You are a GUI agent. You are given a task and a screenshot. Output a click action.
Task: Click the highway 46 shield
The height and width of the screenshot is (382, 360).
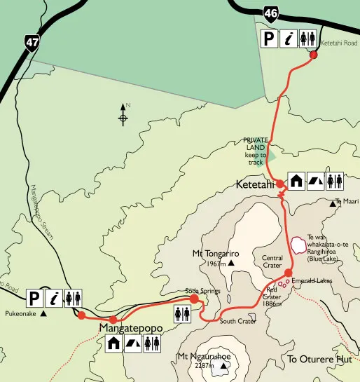pos(271,12)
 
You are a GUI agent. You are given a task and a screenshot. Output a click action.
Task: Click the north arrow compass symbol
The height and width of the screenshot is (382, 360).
pos(123,114)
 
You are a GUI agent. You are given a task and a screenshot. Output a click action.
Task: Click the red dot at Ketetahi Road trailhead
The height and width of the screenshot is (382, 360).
pos(314,54)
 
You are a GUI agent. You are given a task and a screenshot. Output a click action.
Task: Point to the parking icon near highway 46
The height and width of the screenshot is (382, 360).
pos(270,38)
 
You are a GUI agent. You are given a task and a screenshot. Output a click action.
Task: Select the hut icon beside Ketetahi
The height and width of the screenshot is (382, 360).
pos(295,181)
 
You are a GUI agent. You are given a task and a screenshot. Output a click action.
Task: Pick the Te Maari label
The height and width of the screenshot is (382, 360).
pos(347,202)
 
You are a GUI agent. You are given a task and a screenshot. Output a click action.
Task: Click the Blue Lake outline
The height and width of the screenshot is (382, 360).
pos(299,245)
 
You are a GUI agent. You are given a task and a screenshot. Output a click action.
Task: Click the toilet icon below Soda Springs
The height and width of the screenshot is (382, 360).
pos(182,315)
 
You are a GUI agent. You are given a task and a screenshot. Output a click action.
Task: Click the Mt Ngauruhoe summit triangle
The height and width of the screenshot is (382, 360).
pos(224,365)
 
